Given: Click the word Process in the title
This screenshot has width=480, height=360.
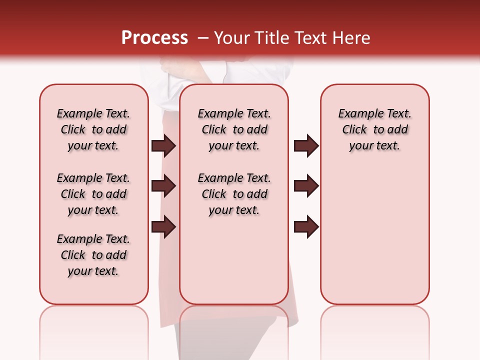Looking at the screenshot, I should tap(154, 38).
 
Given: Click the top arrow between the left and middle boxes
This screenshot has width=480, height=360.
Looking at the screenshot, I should tap(163, 145).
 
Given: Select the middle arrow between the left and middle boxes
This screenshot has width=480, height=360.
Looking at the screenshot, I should tap(163, 186).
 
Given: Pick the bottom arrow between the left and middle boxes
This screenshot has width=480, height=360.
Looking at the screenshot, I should tap(163, 226).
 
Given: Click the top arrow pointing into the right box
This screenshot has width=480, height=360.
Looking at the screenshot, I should tap(306, 145).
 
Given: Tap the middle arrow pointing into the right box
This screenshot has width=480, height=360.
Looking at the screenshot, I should tap(306, 186).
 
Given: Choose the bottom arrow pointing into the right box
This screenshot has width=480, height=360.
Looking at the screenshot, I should tap(306, 226).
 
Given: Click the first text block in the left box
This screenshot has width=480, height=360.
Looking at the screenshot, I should tap(93, 129).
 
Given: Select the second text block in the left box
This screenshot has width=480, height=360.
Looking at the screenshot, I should tap(93, 194).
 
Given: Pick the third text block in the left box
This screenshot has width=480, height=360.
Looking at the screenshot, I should tap(93, 255).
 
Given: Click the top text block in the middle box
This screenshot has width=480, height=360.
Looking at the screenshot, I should tap(234, 129).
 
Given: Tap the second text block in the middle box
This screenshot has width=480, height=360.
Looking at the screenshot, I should tap(234, 194).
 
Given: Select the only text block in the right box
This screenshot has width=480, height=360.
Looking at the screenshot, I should tap(375, 129).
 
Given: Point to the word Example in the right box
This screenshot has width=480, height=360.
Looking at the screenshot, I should tap(357, 114).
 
